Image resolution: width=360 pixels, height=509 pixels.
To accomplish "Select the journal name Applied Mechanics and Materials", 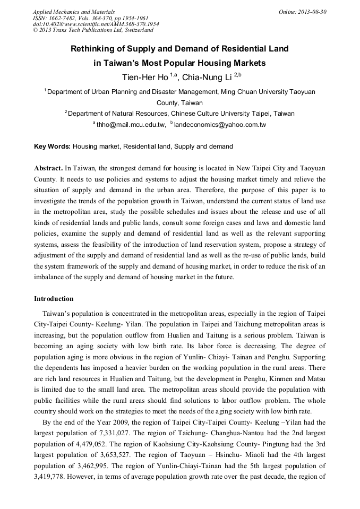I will point(74,11).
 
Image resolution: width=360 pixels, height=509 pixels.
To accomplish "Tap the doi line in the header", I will point(96,24).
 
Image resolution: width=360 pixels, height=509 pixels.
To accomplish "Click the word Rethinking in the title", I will point(96,49).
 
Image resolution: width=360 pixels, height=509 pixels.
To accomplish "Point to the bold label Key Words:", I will point(52,146).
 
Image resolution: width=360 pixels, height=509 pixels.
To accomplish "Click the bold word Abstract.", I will point(49,167).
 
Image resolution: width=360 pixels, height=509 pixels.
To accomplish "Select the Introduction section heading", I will point(54,299).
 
